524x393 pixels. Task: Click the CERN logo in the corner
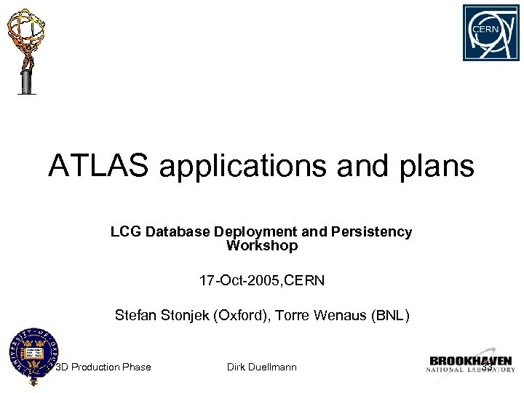[x=491, y=33]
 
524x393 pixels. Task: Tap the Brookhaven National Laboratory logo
[x=470, y=364]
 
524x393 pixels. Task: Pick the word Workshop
[x=262, y=246]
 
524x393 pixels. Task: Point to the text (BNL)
[x=391, y=316]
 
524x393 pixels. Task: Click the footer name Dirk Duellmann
[x=262, y=368]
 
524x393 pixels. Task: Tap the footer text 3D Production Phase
[x=104, y=368]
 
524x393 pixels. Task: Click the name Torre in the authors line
[x=290, y=316]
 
